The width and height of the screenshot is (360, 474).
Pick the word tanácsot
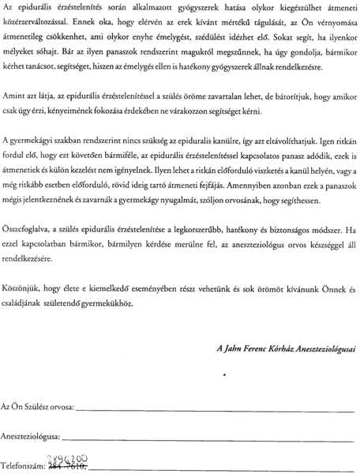(47, 84)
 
